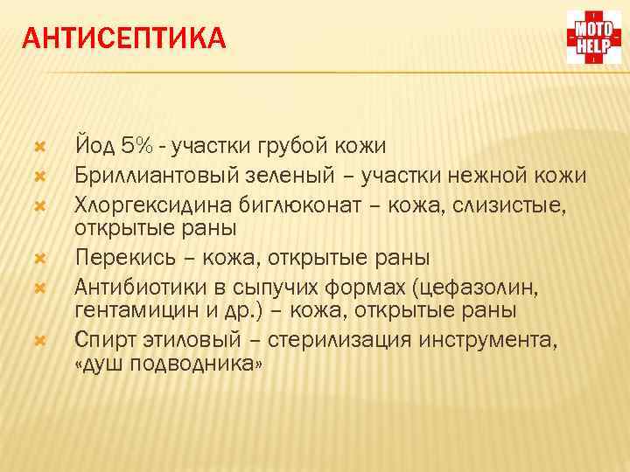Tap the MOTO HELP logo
pos(592,38)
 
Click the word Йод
pos(94,143)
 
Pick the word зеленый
pos(275,175)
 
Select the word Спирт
pos(104,339)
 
